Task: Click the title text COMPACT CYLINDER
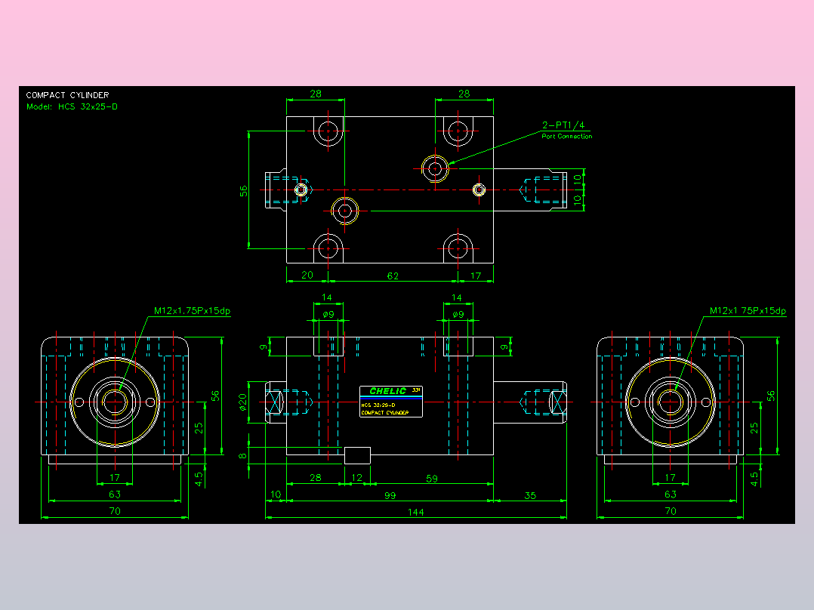(x=67, y=95)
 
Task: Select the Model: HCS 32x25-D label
(x=72, y=106)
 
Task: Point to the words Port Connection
(x=566, y=137)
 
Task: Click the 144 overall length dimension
(x=416, y=512)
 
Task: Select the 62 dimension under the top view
(x=393, y=276)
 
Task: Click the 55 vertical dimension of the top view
(x=244, y=190)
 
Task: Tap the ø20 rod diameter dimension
(x=243, y=402)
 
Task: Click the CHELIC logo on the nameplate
(x=388, y=391)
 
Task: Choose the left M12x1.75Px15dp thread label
(x=192, y=310)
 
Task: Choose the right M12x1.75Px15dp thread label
(x=748, y=310)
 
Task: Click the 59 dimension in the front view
(x=432, y=477)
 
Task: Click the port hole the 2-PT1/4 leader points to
(x=435, y=168)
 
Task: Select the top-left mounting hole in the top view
(x=328, y=131)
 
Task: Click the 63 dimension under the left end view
(x=115, y=494)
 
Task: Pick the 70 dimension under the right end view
(x=670, y=511)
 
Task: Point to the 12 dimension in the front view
(x=357, y=477)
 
